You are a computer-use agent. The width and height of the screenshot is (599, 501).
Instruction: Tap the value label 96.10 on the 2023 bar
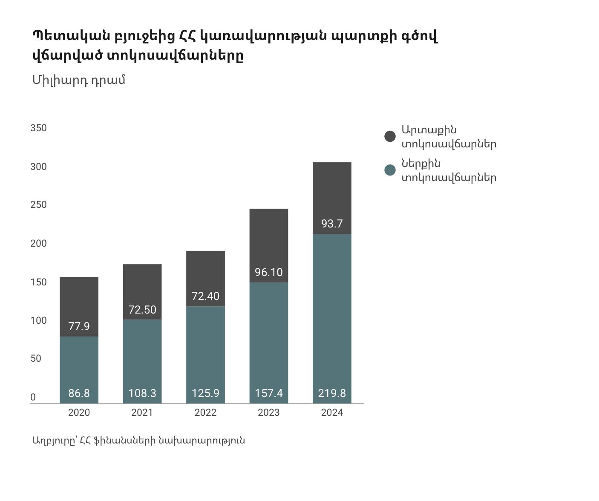coord(268,272)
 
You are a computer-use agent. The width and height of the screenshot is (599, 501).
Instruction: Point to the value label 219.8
coord(332,393)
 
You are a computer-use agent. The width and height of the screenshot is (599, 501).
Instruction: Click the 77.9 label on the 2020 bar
coord(79,326)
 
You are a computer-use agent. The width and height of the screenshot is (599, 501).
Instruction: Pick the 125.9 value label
coord(205,393)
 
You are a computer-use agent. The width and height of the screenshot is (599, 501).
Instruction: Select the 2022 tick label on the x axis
coord(205,412)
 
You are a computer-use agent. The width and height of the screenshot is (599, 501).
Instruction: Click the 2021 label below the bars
coord(142,412)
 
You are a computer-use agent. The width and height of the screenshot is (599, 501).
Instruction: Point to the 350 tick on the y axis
coord(38,128)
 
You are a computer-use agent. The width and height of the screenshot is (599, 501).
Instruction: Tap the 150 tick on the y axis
coord(38,282)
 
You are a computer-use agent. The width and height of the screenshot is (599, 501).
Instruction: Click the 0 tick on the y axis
coord(33,397)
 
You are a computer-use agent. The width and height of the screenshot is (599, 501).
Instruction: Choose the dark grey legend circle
coord(390,136)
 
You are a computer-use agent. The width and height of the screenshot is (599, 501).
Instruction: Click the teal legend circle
coord(390,170)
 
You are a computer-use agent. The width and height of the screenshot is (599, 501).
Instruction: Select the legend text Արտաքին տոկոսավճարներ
coord(448,137)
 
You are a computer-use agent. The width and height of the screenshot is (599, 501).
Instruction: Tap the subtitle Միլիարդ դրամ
coord(79,80)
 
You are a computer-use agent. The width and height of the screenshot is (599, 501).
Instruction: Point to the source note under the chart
coord(138,440)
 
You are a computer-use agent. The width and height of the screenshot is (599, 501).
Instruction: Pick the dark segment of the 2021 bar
coord(142,285)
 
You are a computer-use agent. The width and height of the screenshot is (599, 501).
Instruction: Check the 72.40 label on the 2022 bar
coord(205,296)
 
